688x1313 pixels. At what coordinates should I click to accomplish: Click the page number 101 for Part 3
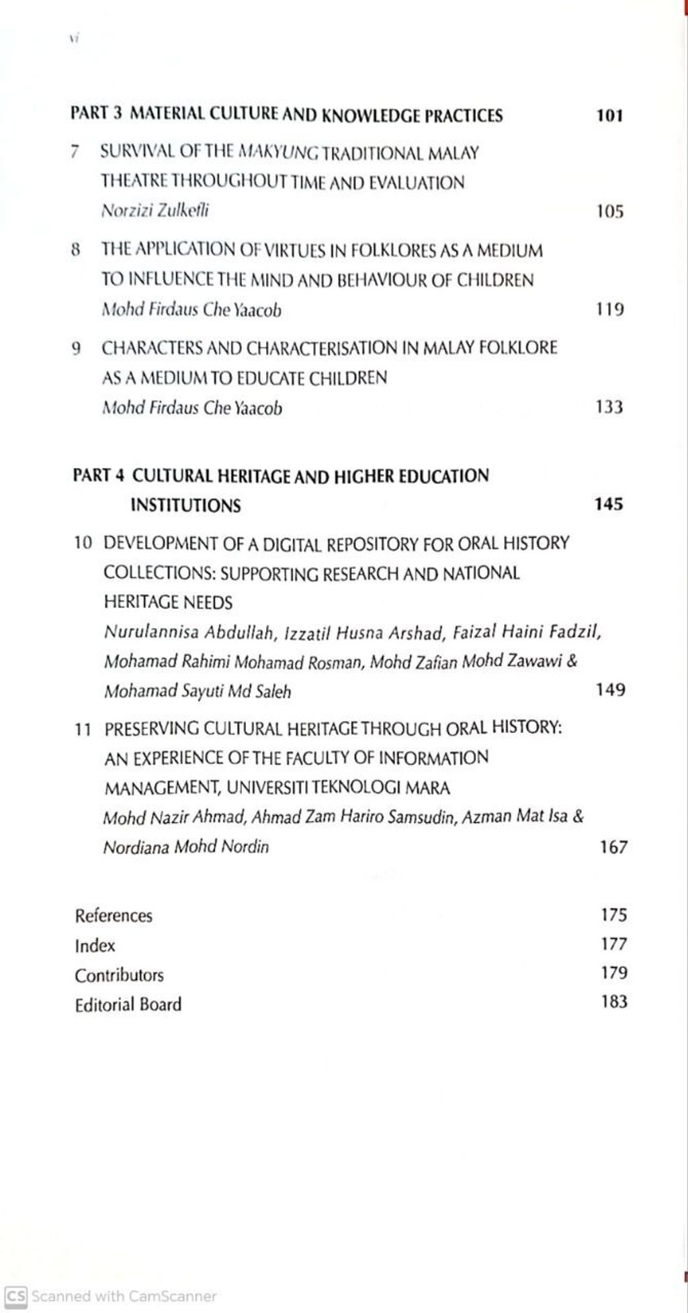pos(609,115)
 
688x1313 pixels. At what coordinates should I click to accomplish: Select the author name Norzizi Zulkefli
pos(155,211)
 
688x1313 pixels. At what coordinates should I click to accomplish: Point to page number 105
pos(610,212)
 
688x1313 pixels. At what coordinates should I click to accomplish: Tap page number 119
pos(610,309)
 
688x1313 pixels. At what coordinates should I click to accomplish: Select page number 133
pos(609,407)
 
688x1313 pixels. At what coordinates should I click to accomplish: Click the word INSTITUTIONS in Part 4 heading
pos(185,505)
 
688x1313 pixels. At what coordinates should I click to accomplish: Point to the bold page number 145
pos(609,504)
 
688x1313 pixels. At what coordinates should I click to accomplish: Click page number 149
pos(610,690)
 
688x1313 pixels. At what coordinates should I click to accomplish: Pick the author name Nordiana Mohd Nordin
pos(186,847)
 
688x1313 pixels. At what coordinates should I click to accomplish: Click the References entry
pos(114,916)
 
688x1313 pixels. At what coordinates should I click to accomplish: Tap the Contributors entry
pos(119,975)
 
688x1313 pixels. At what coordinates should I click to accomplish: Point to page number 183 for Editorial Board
pos(614,1002)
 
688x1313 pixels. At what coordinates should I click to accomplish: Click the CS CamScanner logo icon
pos(15,1296)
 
